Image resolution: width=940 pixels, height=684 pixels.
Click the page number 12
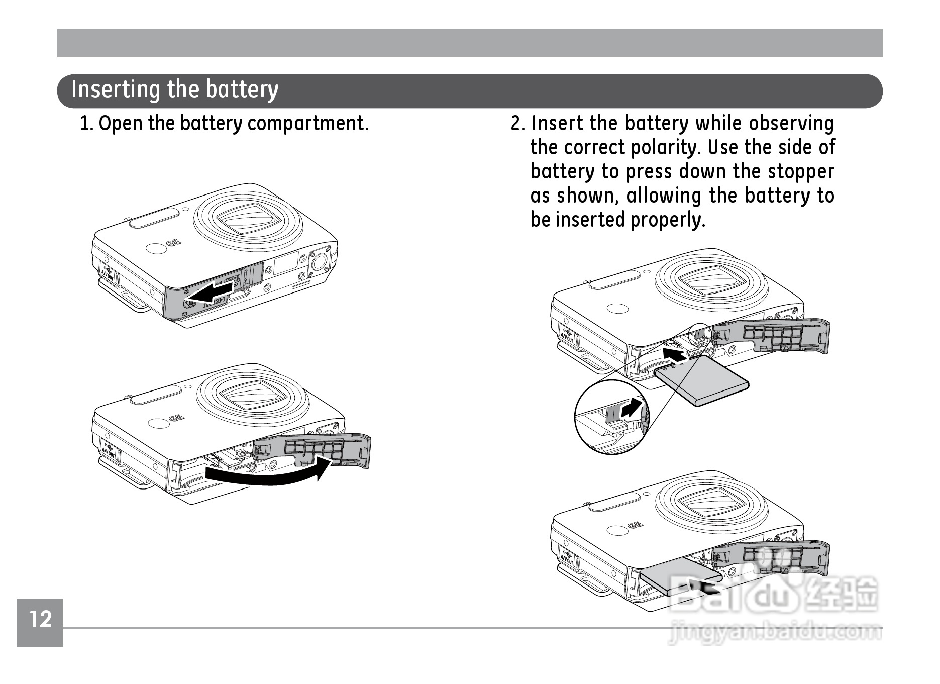(40, 619)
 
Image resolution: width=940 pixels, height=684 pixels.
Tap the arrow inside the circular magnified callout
(632, 407)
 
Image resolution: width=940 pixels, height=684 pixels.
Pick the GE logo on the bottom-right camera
(635, 525)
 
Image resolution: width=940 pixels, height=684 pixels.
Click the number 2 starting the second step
(517, 124)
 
